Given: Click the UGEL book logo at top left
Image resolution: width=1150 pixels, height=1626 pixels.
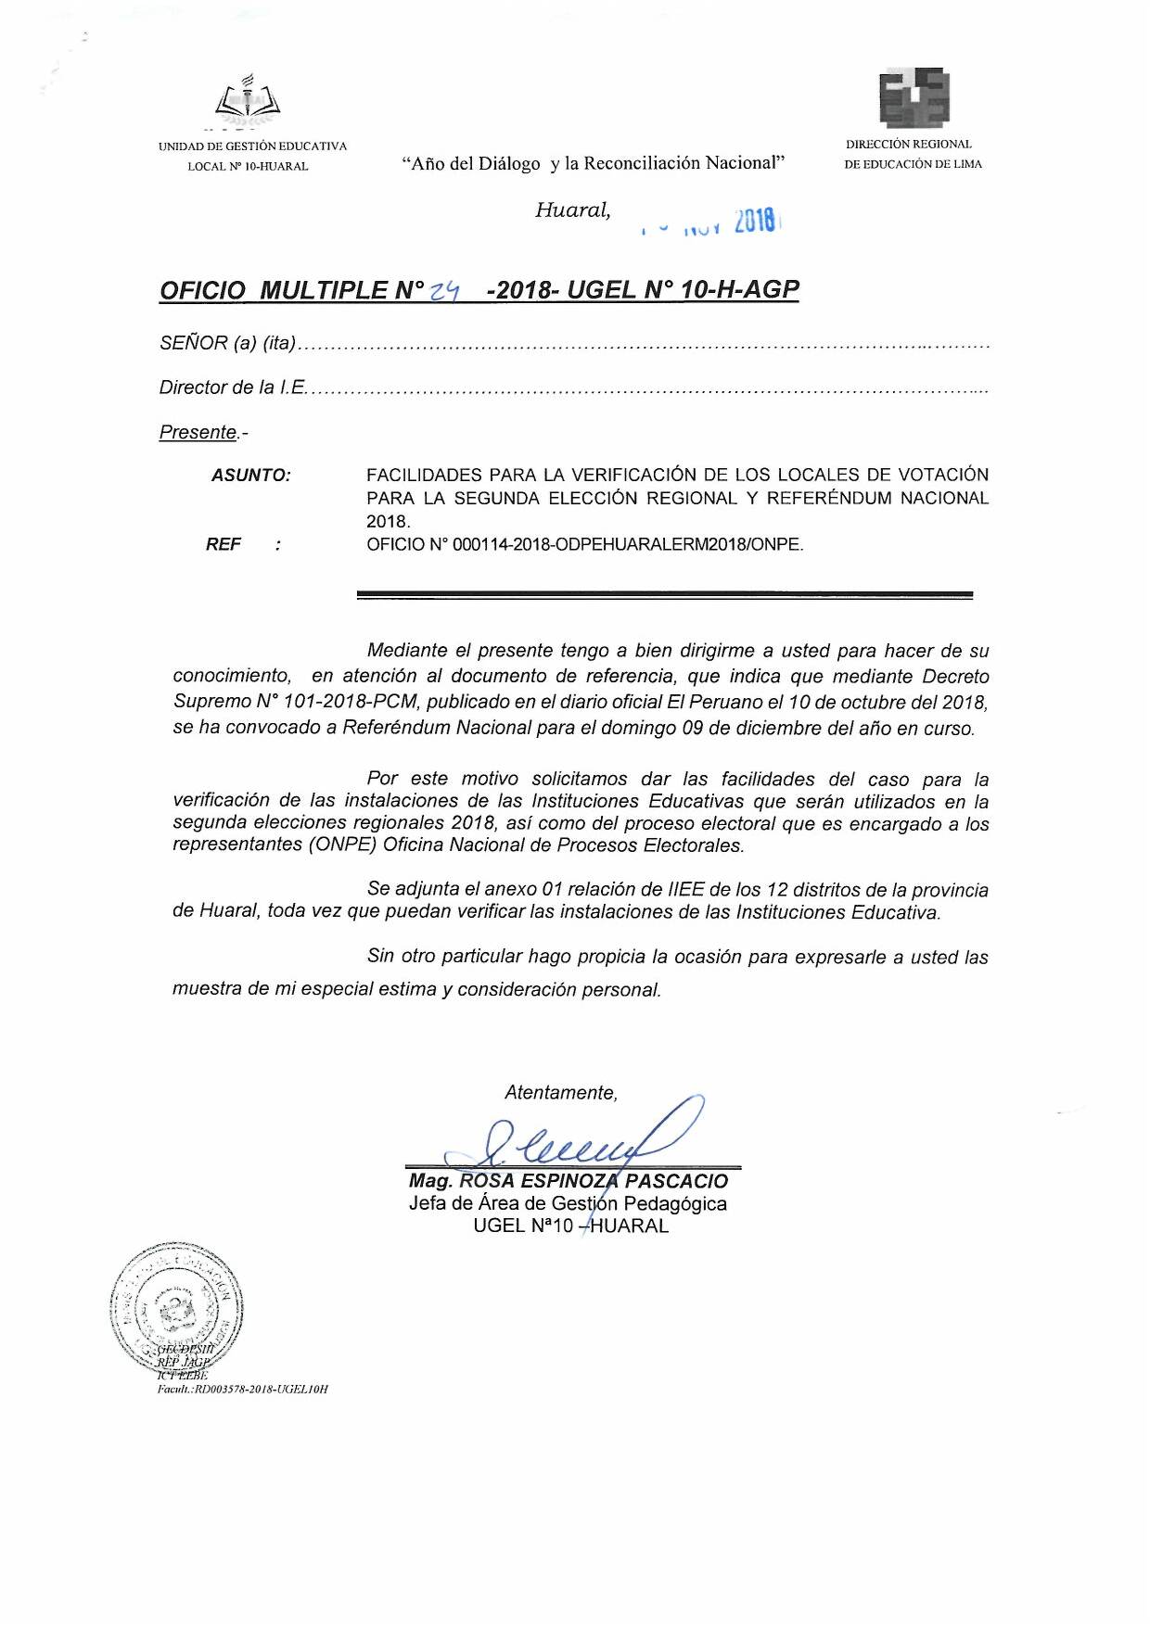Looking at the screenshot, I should [x=248, y=101].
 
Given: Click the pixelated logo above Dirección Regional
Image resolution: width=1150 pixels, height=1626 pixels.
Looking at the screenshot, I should [x=914, y=98].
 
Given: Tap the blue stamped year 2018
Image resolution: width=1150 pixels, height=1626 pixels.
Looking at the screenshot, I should [x=755, y=222].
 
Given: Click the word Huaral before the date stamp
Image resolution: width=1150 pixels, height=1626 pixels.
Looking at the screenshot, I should [x=572, y=210].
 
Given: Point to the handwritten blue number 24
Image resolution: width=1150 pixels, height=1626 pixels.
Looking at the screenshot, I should [x=445, y=291].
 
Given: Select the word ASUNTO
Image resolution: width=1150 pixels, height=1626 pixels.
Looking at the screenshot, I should [x=250, y=476].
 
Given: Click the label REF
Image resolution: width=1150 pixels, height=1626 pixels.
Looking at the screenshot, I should [x=224, y=545].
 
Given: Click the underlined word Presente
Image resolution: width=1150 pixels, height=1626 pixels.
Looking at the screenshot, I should [x=198, y=433].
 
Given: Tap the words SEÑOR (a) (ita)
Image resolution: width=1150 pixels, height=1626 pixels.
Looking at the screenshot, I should [x=227, y=343].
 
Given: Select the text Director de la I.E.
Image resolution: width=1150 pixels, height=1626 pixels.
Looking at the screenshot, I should [x=232, y=387].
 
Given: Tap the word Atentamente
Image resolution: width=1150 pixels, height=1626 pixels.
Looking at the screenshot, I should [x=561, y=1093].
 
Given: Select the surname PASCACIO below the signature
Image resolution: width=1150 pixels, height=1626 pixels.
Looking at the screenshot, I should [x=676, y=1182].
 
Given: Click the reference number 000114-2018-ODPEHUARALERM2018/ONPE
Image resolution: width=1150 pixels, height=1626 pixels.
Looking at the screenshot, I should [x=628, y=545].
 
